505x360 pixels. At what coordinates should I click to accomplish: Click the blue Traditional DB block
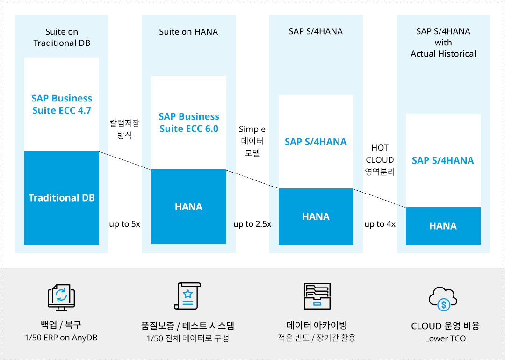coord(62,198)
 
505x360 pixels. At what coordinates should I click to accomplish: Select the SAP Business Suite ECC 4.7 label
coord(62,104)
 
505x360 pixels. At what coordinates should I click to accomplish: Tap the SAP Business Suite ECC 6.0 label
coord(189,122)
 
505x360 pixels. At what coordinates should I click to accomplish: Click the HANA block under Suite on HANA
coord(189,207)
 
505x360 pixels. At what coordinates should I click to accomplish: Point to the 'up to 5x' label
coord(125,224)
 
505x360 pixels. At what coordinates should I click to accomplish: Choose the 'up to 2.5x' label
coord(252,224)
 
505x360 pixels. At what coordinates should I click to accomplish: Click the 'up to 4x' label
coord(380,224)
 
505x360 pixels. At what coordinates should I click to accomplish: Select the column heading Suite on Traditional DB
coord(62,37)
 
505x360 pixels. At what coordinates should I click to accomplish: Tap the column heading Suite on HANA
coord(188,31)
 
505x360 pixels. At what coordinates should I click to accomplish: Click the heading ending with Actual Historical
coord(443,43)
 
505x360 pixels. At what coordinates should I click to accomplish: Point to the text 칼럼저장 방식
coord(125,129)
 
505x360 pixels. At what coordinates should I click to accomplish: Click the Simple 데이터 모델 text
coord(252,141)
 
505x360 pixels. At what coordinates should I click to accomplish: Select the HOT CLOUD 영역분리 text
coord(380,160)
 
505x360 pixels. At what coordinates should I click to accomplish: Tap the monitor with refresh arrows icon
coord(61,297)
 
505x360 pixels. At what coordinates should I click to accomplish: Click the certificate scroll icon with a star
coord(188,296)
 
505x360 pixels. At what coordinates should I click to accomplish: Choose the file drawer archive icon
coord(317,296)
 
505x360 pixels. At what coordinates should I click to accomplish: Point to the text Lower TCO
coord(446,339)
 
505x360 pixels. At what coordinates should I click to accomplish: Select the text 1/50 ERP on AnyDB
coord(61,338)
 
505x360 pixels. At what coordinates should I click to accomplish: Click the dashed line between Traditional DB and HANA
coord(125,160)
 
